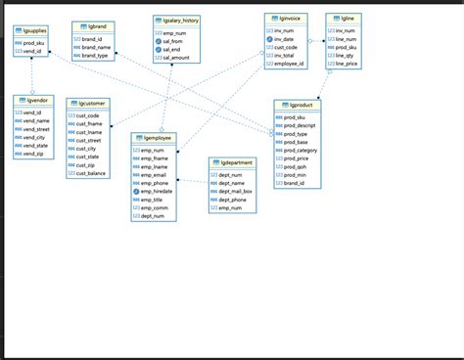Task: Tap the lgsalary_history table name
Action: coord(177,20)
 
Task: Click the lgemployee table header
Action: coord(154,138)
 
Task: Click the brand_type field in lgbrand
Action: coord(96,56)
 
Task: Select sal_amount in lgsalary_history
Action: coord(177,59)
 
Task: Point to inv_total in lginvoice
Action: coord(285,56)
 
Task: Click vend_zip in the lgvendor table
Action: coord(33,155)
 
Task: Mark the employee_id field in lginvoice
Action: coord(290,64)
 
